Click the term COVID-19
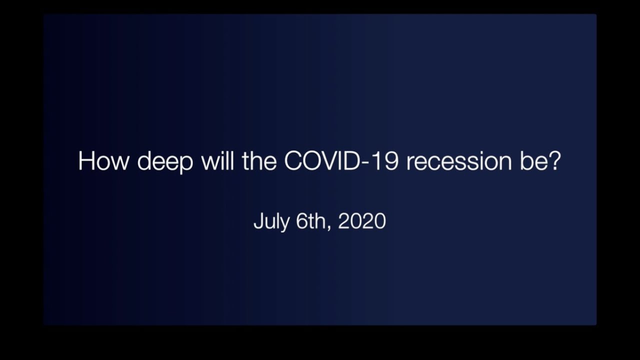(341, 161)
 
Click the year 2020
(362, 220)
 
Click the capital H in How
(86, 161)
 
